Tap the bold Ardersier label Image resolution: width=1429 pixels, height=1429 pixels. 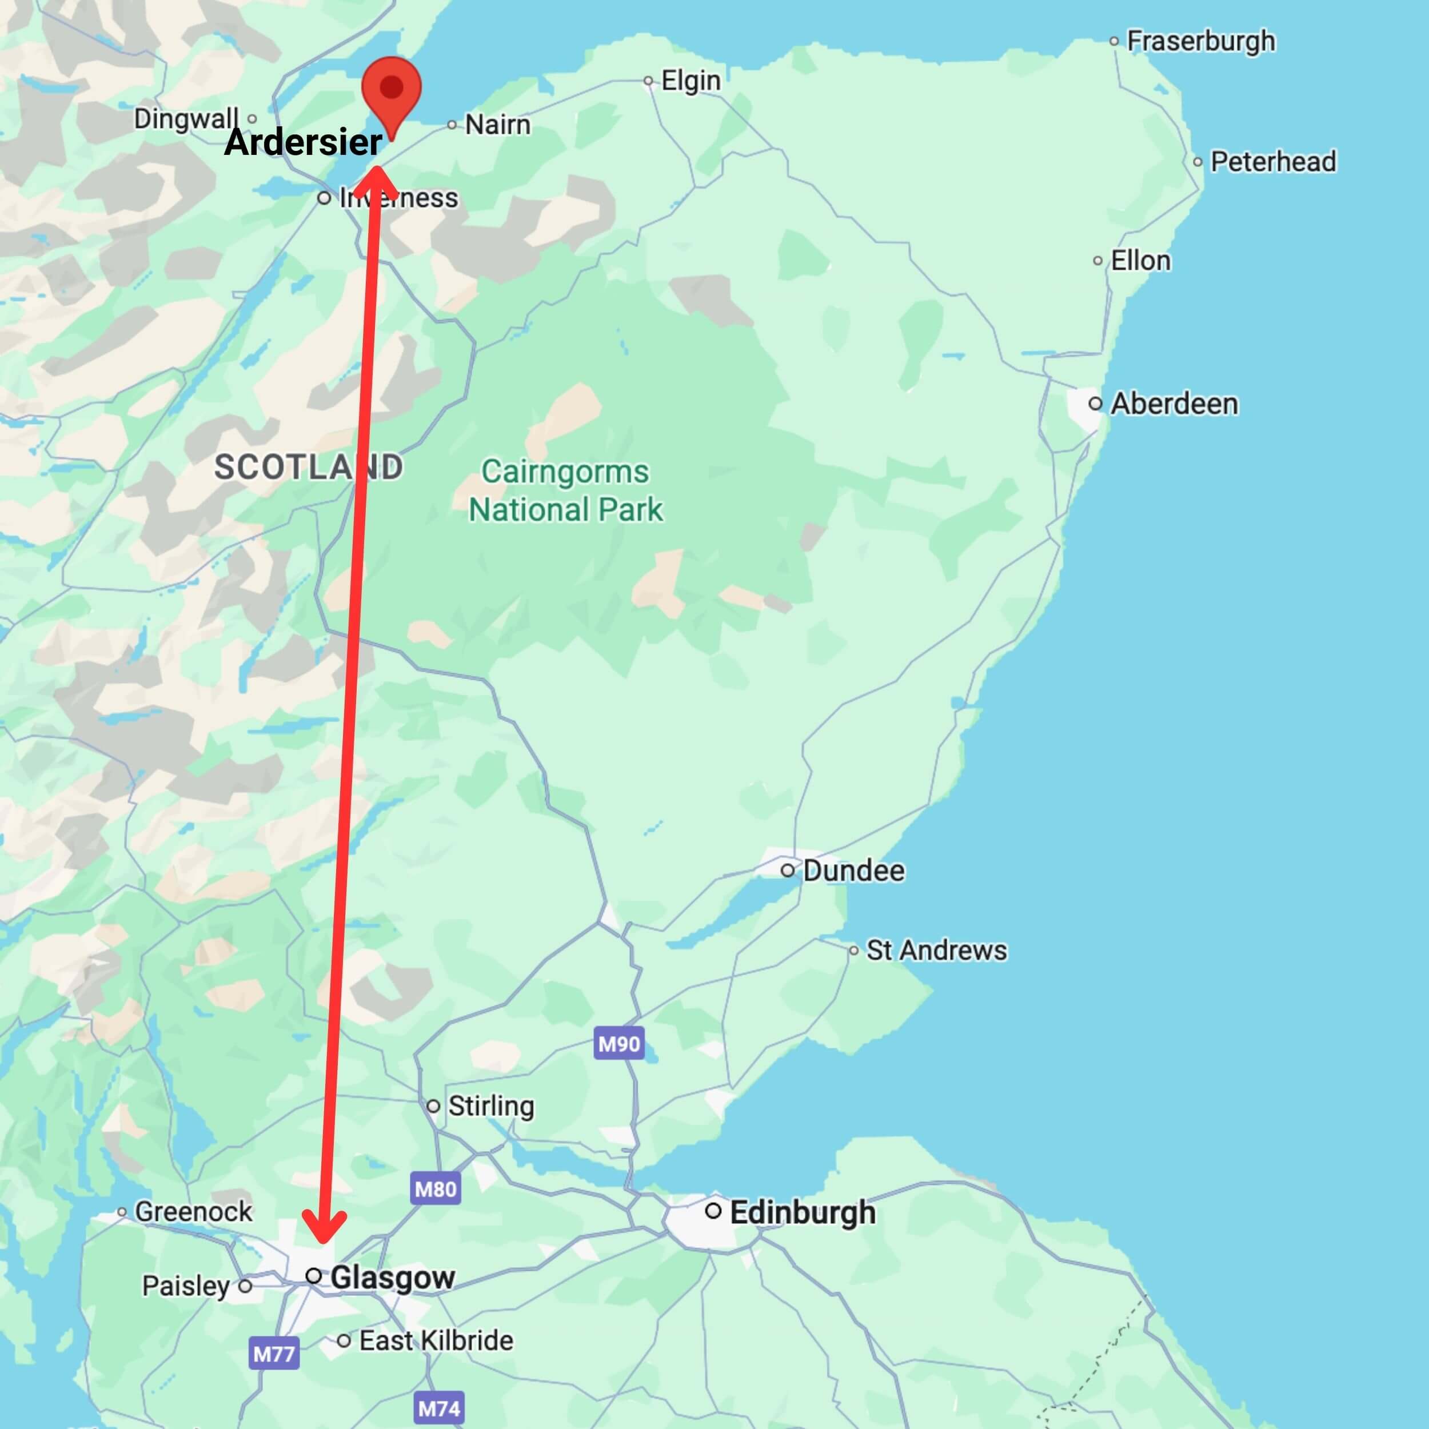tap(304, 141)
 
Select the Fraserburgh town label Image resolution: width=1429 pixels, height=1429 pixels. tap(1200, 41)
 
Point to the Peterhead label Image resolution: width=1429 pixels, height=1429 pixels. tap(1272, 162)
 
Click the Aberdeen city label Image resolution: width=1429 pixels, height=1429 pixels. tap(1174, 404)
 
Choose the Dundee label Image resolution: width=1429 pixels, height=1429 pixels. tap(853, 871)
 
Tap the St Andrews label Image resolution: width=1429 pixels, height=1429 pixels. tap(936, 951)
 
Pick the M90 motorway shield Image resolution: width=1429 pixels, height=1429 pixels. tap(619, 1044)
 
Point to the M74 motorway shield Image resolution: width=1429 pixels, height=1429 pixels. tap(440, 1408)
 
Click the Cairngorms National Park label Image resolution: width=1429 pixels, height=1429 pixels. tap(565, 490)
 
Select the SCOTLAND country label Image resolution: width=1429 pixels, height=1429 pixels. tap(309, 468)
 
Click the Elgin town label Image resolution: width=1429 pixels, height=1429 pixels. tap(690, 81)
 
